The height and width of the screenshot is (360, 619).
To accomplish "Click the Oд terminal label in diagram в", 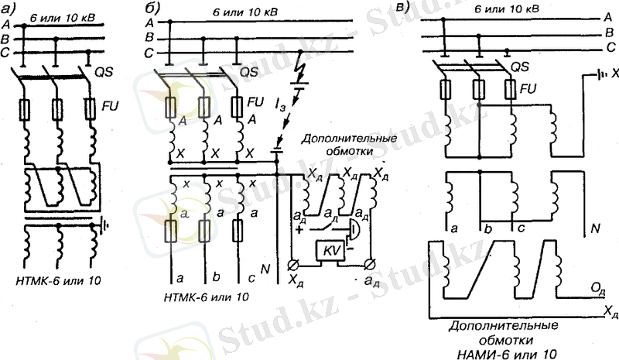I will tap(597, 288).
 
